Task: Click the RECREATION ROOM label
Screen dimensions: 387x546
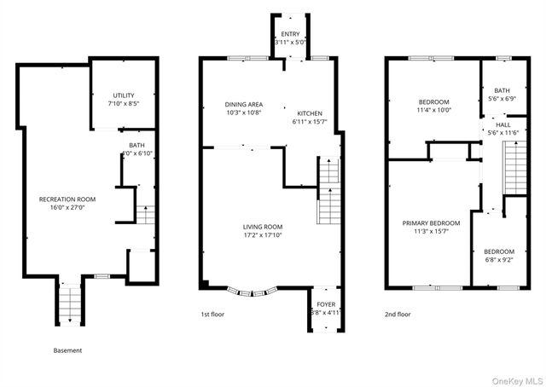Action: click(x=67, y=199)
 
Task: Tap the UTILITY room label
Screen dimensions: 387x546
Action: click(x=125, y=95)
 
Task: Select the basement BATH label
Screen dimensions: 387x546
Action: click(x=136, y=145)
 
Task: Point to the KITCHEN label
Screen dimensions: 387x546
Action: click(x=309, y=113)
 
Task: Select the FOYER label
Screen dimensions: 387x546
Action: click(x=326, y=304)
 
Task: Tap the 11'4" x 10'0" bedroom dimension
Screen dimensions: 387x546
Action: click(x=433, y=109)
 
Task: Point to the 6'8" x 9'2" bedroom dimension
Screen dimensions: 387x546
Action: click(x=499, y=260)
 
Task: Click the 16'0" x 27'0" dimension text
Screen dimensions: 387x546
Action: click(x=67, y=206)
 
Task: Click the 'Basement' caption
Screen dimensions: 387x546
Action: click(x=67, y=350)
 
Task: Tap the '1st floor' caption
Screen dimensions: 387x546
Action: click(x=214, y=314)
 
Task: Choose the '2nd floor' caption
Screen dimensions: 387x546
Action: click(x=398, y=314)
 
